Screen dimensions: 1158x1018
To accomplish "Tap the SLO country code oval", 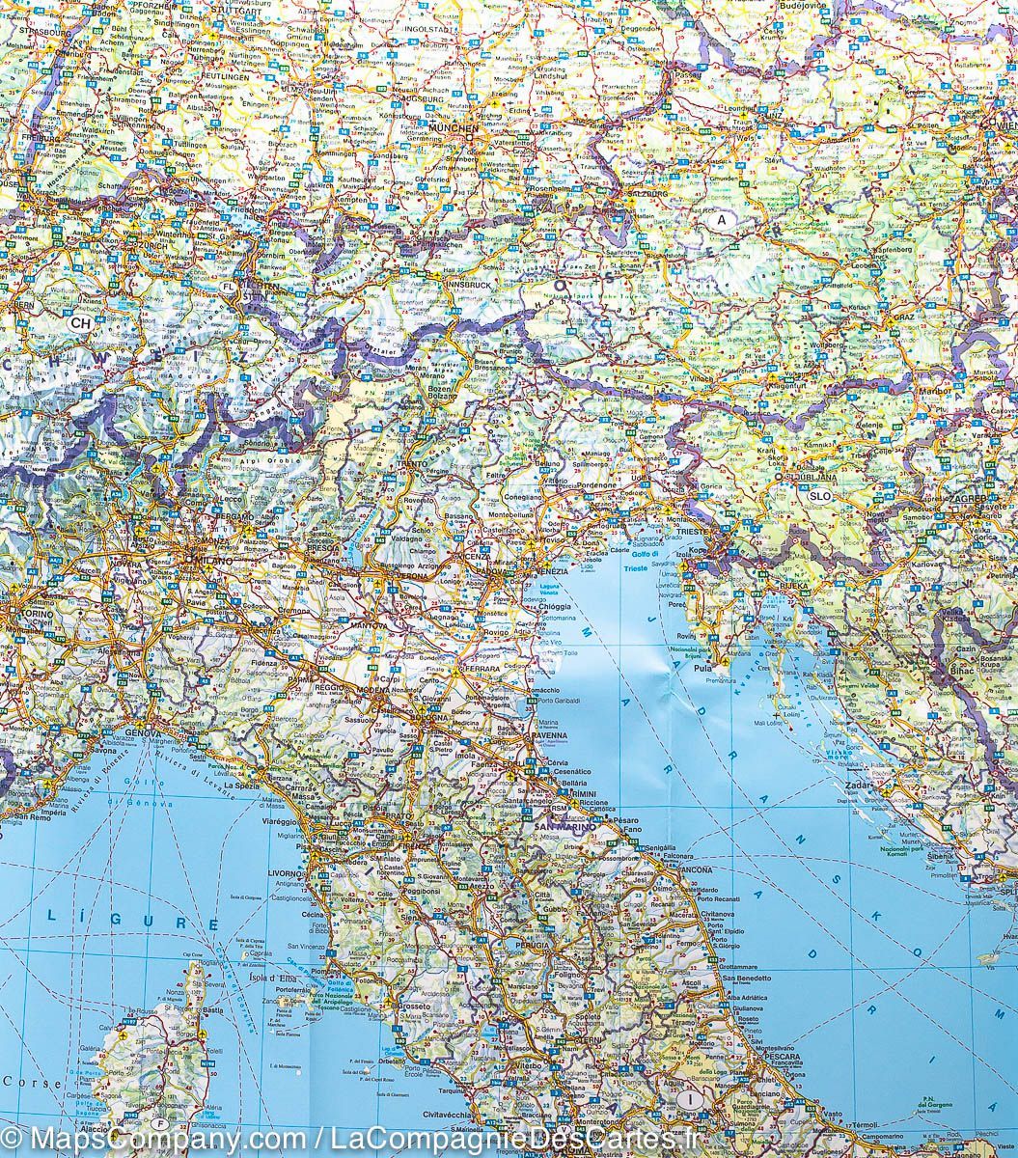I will pyautogui.click(x=820, y=496).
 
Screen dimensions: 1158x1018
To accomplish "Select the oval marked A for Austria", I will pyautogui.click(x=718, y=220).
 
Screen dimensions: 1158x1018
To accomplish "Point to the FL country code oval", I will pyautogui.click(x=229, y=288).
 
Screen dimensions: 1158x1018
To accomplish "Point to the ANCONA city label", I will pyautogui.click(x=696, y=869).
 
